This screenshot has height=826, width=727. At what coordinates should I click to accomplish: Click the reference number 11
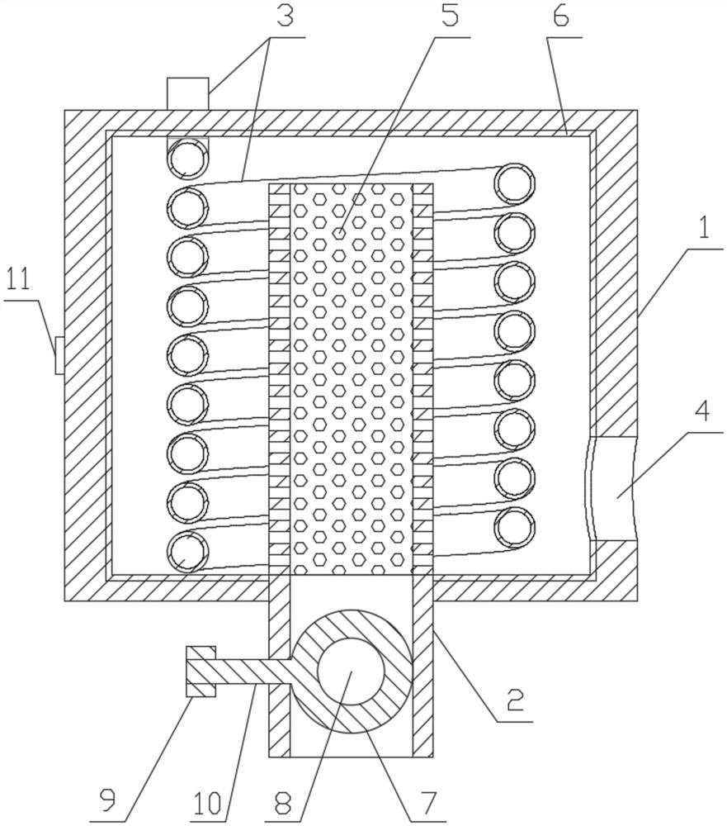(x=18, y=281)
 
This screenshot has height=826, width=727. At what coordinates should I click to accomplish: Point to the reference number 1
(x=704, y=228)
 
